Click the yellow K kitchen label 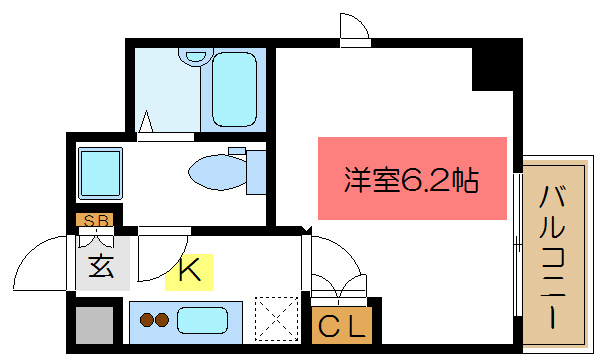point(189,269)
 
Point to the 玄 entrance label point(101,267)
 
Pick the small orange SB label point(96,220)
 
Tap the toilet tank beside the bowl point(254,170)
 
